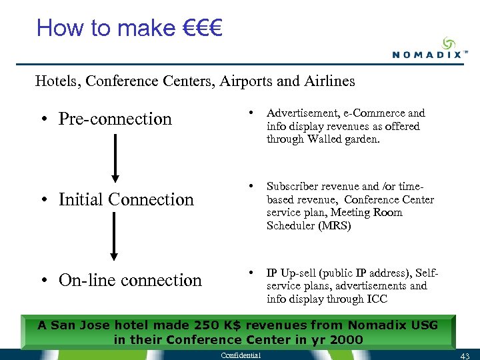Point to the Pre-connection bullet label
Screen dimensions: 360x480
pos(115,119)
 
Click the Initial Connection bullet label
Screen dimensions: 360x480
pos(126,199)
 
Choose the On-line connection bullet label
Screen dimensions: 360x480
pos(130,280)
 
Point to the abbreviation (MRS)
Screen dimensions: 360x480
pos(336,225)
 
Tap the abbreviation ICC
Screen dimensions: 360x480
pos(376,299)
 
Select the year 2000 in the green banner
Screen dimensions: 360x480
pos(345,339)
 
